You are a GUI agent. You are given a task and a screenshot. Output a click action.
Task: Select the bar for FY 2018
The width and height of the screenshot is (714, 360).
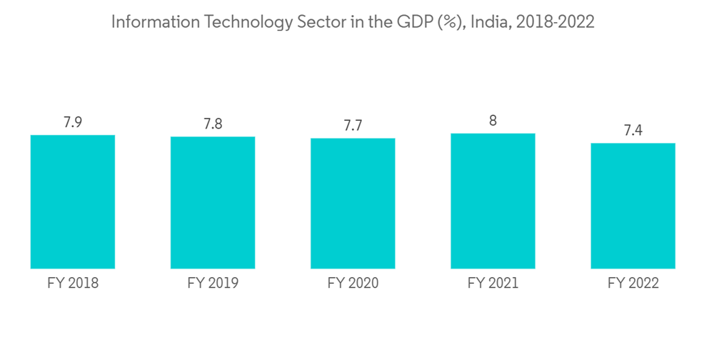point(73,201)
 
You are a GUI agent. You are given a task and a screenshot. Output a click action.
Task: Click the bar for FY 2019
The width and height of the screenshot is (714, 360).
point(213,202)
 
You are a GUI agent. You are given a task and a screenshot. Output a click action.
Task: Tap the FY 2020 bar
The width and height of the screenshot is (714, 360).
point(353,203)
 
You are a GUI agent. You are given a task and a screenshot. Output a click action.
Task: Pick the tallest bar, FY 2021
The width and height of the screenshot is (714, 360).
point(493,201)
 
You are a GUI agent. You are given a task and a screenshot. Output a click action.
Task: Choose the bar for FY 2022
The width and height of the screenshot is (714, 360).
point(633,206)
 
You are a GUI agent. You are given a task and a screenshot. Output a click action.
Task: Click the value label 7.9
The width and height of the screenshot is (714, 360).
point(73,122)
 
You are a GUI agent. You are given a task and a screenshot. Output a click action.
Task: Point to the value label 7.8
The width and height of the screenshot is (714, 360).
point(213,124)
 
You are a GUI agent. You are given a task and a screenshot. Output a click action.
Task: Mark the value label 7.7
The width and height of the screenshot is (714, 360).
point(353,126)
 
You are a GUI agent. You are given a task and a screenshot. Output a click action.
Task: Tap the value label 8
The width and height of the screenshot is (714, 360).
point(493,121)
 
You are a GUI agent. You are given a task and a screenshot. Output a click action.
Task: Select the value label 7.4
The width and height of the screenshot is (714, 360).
point(633,130)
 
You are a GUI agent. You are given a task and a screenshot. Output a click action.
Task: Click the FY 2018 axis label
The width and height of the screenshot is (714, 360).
point(73,284)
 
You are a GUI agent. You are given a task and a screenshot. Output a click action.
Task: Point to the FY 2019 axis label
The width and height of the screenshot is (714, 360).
point(213,284)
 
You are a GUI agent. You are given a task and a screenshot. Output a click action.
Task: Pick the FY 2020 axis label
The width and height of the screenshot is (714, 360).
point(353,284)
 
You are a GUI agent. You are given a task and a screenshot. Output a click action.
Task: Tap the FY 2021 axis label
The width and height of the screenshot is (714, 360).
point(493,284)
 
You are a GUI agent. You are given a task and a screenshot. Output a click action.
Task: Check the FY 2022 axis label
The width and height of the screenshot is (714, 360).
point(633,284)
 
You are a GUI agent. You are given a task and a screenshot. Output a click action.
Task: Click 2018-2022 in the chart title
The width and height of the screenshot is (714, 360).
point(555,22)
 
